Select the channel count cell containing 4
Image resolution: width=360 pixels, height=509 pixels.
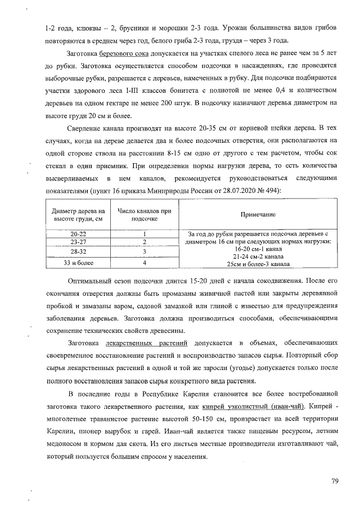[144, 262]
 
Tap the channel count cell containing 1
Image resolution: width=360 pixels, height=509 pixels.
[144, 233]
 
